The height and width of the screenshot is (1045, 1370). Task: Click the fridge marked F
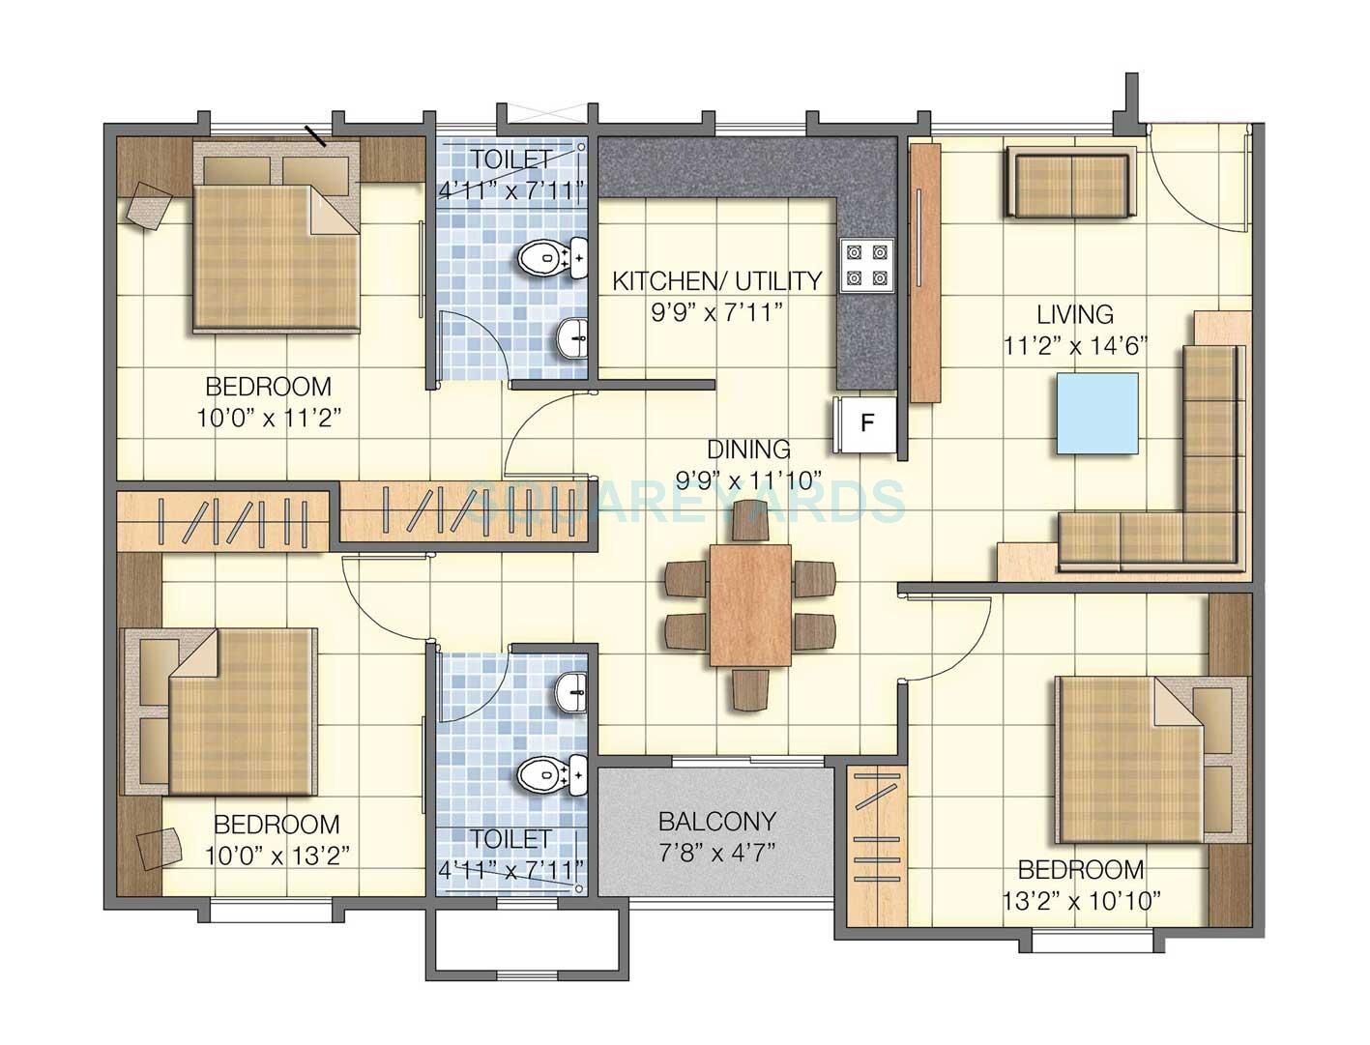pos(867,422)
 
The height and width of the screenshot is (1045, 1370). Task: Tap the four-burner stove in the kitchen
pos(866,266)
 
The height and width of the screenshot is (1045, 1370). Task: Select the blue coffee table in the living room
pos(1096,413)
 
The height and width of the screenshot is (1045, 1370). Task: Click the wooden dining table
pos(750,605)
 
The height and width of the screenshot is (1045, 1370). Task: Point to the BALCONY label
pos(716,821)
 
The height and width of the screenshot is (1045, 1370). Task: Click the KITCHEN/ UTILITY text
pos(717,281)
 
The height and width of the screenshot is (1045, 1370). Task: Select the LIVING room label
pos(1075,314)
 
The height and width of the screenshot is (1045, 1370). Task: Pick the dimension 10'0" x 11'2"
pos(269,418)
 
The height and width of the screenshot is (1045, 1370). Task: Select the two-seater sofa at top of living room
pos(1069,183)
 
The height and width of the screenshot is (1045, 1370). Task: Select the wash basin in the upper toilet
pos(573,338)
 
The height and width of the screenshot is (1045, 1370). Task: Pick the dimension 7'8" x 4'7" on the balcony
pos(716,854)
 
